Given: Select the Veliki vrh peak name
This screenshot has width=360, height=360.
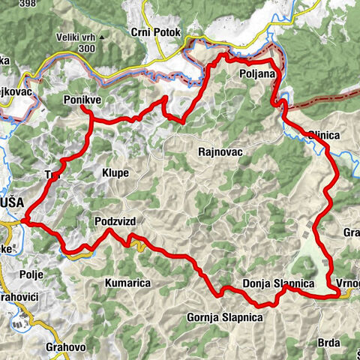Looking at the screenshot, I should tap(76, 37).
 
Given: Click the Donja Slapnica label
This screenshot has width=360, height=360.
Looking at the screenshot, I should tap(277, 283).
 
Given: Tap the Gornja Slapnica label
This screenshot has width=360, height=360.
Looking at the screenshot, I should tap(224, 317).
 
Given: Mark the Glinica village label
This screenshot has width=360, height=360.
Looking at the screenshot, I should tap(324, 135).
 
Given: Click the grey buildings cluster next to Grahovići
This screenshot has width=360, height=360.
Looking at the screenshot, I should tap(15, 323).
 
